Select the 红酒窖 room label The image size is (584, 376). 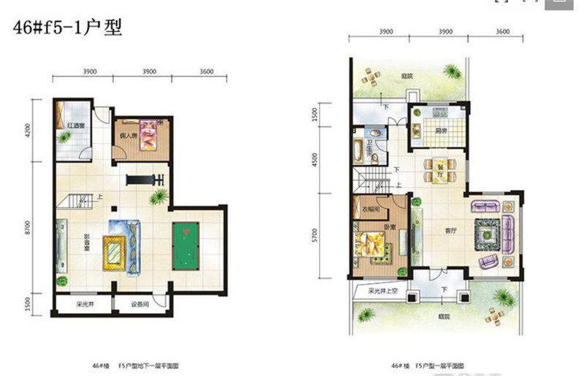76,126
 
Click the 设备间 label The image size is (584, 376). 142,304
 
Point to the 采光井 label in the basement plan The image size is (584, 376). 85,304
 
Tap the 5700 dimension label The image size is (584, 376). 314,235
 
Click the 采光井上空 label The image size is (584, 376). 383,289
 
